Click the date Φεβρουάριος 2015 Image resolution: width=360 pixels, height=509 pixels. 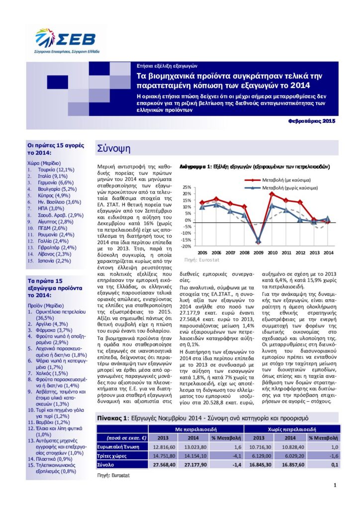tap(312, 121)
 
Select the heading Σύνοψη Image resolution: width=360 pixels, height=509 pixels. tap(113, 148)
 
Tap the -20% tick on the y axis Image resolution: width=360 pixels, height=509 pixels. tap(185, 247)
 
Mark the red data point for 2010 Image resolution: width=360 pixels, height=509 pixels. tap(272, 193)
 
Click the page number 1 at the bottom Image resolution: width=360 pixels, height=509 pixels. tap(335, 486)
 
